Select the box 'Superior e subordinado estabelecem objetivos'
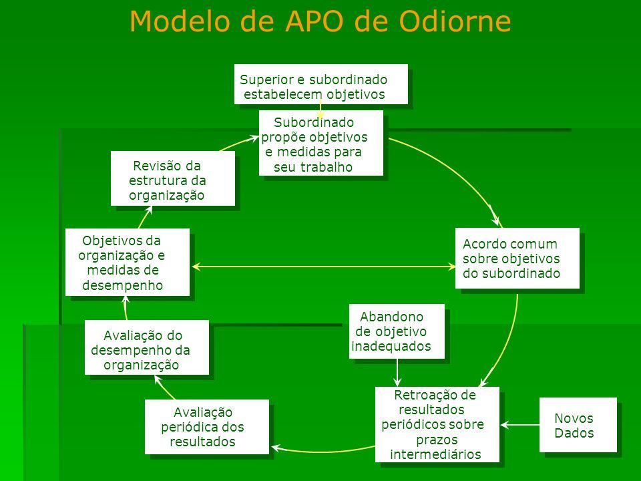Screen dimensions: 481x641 [320, 84]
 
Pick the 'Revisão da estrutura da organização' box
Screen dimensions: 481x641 [172, 178]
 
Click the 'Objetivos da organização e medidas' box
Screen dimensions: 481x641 [127, 261]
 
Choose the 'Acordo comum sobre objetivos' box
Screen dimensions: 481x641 [517, 258]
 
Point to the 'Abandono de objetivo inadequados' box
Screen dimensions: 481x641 [397, 331]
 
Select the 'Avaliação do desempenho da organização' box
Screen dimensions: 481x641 [146, 347]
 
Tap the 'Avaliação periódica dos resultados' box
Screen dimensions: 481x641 [206, 427]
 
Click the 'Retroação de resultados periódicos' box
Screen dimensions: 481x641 [437, 424]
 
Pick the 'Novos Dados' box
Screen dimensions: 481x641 [577, 424]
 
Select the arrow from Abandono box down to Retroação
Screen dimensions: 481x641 [397, 372]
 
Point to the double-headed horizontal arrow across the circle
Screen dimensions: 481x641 [323, 267]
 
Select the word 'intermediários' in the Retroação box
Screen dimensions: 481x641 [437, 455]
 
